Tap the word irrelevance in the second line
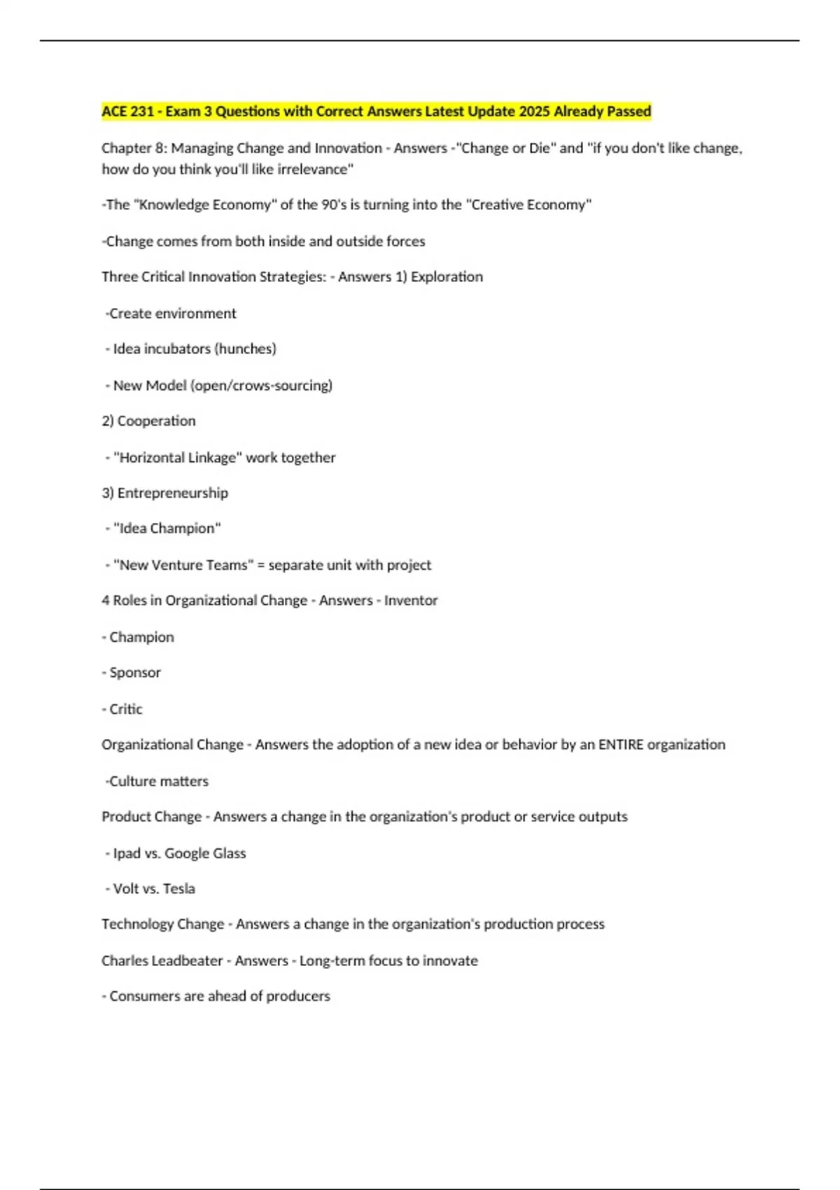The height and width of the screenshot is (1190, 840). pos(315,169)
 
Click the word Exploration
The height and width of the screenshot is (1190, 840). pos(447,276)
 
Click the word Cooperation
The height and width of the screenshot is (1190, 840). pos(156,421)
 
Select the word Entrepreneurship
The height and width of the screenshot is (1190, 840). pos(172,493)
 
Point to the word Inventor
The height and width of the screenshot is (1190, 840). pos(411,600)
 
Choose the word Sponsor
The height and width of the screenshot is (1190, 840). pos(135,672)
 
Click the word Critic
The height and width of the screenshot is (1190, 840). pos(126,709)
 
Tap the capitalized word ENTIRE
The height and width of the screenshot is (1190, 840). pos(620,744)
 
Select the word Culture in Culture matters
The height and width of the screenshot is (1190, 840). pos(133,781)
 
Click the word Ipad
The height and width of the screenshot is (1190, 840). pos(127,853)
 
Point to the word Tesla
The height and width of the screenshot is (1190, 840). pos(179,888)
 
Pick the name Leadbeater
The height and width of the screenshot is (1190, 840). pos(183,960)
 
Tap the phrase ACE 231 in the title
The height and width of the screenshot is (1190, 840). pos(127,111)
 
